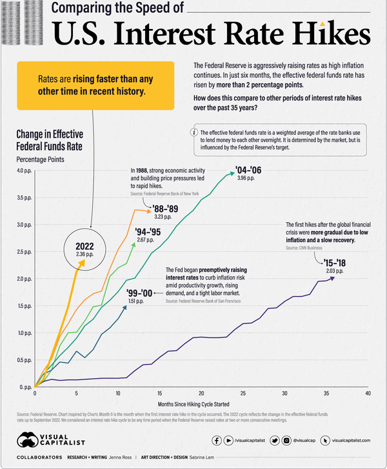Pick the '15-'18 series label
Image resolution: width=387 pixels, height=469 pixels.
[x=328, y=262]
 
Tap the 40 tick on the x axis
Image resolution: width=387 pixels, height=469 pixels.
[x=368, y=392]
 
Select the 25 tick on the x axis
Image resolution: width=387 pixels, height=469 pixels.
[x=243, y=392]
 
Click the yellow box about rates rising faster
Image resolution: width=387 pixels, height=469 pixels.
[x=95, y=85]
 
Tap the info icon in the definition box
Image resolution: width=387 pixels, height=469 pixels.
[x=195, y=132]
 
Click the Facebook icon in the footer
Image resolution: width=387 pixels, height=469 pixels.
[x=217, y=441]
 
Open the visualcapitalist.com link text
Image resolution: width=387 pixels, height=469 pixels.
[x=353, y=441]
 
